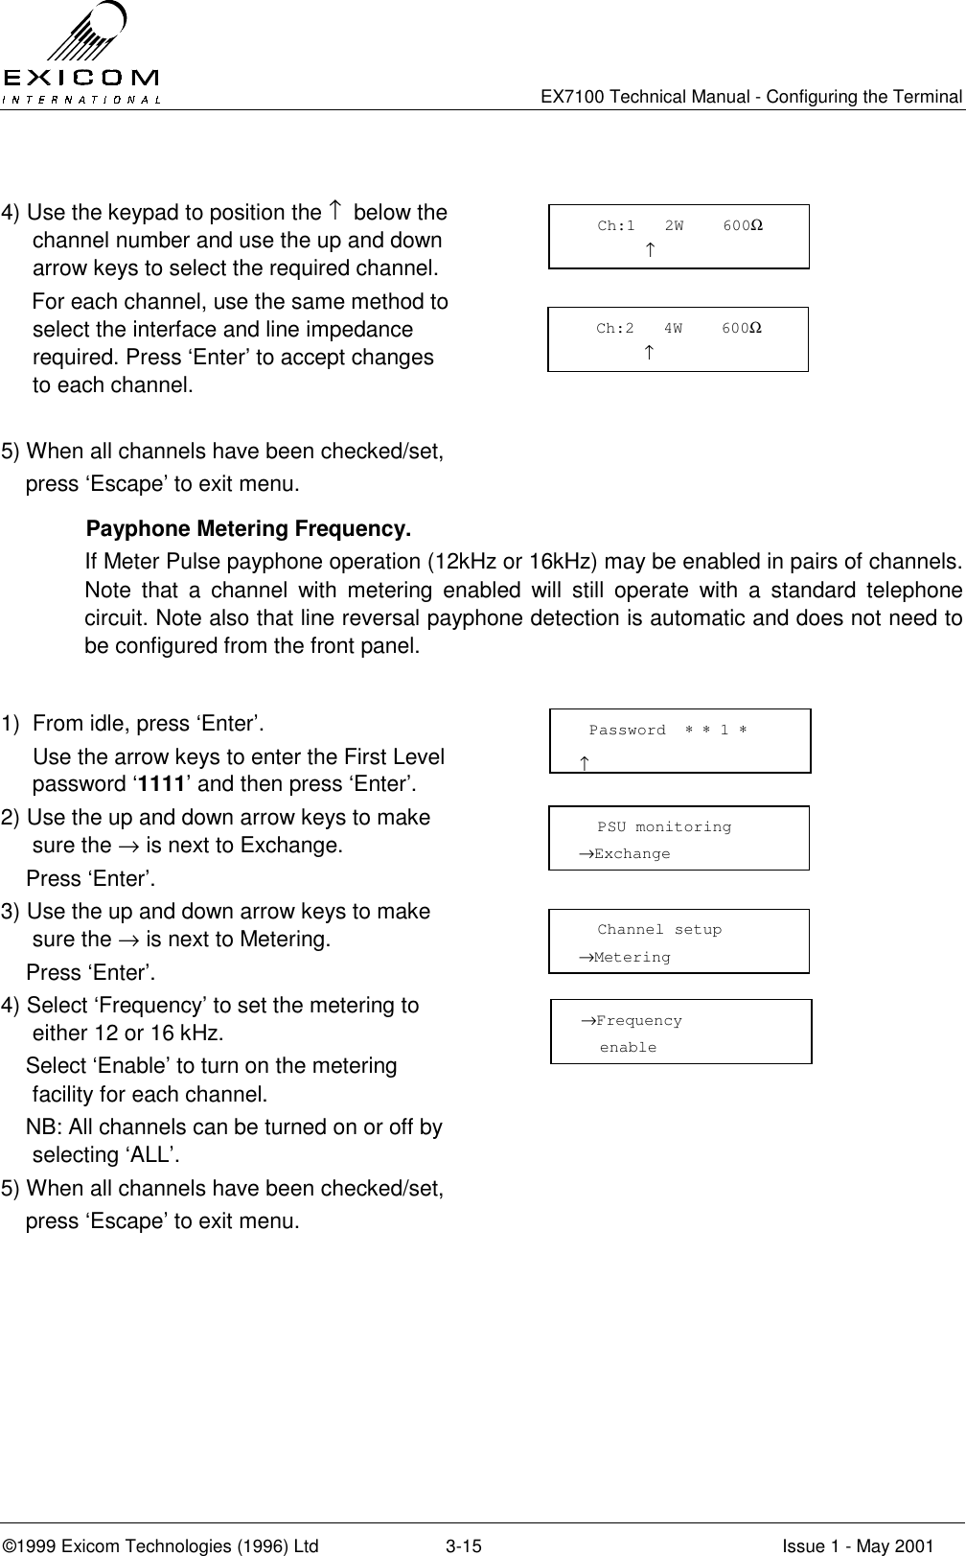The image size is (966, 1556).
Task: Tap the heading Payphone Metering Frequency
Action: pyautogui.click(x=249, y=530)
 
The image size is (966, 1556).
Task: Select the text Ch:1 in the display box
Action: pyautogui.click(x=616, y=226)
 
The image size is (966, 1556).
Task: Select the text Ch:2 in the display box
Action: pyautogui.click(x=615, y=329)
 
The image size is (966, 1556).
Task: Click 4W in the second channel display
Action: pyautogui.click(x=673, y=329)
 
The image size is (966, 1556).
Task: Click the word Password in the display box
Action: pyautogui.click(x=627, y=731)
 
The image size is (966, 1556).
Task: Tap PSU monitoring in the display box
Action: pyautogui.click(x=664, y=826)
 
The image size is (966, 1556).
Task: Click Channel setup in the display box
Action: pyautogui.click(x=659, y=930)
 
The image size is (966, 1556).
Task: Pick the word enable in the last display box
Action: pyautogui.click(x=629, y=1048)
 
